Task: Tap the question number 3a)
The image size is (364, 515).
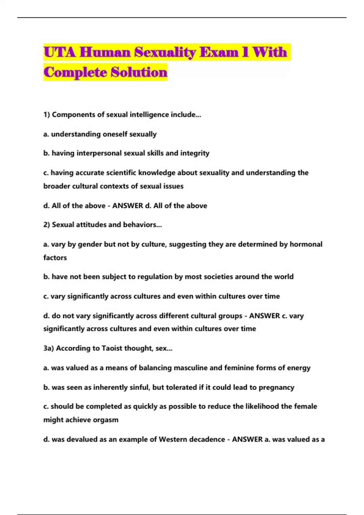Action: pyautogui.click(x=49, y=348)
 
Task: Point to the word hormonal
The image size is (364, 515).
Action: pyautogui.click(x=306, y=244)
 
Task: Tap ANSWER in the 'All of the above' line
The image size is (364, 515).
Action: pyautogui.click(x=127, y=206)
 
